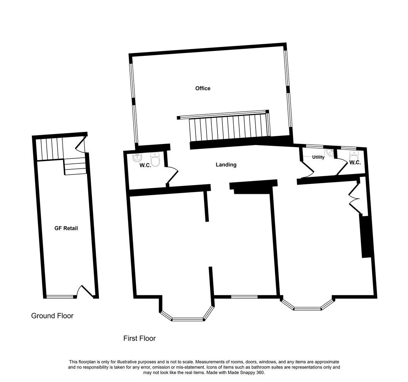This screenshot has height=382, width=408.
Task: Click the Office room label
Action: tap(203, 88)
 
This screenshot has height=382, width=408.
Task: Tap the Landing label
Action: tap(226, 164)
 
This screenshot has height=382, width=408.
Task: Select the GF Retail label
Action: tap(66, 228)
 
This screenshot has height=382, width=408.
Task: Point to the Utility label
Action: tap(318, 157)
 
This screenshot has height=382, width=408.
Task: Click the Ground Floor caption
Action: tap(52, 316)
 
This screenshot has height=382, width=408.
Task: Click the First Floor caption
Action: tap(139, 338)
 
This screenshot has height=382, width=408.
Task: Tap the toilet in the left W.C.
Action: tap(156, 160)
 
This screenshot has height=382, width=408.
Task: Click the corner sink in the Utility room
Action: tap(330, 153)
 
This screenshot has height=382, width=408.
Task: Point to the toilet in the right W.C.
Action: tap(353, 155)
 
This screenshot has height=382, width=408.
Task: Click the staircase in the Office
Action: tap(230, 127)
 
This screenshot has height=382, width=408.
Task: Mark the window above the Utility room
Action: tap(314, 146)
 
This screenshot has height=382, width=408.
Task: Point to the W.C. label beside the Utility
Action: tap(355, 163)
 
